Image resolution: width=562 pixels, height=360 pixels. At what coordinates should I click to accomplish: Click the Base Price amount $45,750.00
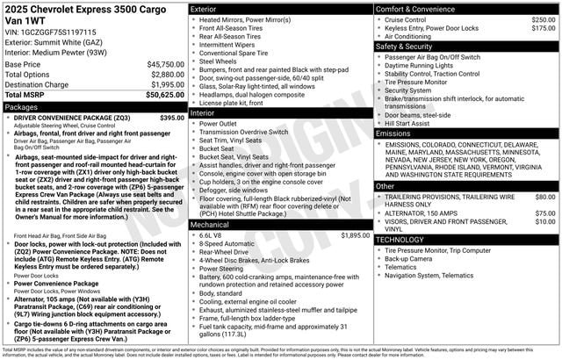160,64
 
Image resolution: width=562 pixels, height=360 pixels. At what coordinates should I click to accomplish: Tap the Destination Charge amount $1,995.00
160,84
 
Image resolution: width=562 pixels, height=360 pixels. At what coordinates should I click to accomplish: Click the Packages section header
21,106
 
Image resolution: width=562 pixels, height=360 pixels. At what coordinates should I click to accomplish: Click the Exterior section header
204,8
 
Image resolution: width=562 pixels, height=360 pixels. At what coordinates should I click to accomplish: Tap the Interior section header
203,113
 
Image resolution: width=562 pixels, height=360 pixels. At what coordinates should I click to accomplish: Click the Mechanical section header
209,224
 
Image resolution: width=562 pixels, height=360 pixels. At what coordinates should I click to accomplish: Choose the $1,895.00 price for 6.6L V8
355,235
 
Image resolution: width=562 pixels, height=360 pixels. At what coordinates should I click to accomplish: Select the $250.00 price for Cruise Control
544,18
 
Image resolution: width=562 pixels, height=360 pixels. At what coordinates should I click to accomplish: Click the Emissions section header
393,133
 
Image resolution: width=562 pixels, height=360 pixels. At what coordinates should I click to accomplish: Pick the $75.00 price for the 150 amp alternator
545,212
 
